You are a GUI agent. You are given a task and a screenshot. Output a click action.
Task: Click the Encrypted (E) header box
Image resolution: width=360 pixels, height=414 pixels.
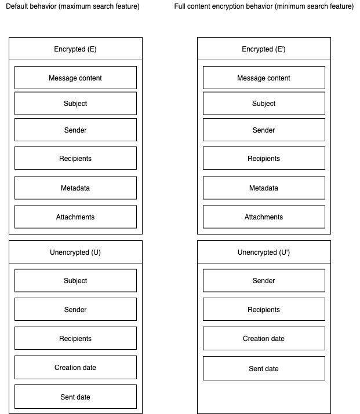[75, 49]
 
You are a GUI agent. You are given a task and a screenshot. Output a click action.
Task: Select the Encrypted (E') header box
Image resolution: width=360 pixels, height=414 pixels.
[264, 49]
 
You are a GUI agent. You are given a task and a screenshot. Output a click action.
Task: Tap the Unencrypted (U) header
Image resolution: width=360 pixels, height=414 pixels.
[75, 252]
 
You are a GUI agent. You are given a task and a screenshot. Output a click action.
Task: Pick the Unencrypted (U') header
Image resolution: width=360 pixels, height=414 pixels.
[264, 252]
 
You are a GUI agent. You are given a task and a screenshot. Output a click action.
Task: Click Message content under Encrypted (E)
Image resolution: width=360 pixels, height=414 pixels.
[75, 78]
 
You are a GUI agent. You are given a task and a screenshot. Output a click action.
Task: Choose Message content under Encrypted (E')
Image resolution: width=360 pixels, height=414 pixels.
[264, 78]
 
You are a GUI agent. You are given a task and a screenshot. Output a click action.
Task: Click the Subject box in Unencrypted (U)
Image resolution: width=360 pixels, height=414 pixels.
[75, 280]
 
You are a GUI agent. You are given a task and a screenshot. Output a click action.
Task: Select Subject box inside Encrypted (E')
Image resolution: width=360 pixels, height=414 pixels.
[264, 103]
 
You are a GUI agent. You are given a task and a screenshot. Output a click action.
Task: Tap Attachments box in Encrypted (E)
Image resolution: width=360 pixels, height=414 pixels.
[75, 217]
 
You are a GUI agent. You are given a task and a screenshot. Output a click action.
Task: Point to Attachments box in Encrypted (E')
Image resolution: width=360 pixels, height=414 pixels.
[264, 217]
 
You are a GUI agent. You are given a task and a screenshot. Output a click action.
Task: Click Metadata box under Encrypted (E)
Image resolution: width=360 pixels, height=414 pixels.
[75, 188]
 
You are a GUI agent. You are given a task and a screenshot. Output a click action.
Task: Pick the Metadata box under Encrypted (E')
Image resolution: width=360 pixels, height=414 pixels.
[264, 188]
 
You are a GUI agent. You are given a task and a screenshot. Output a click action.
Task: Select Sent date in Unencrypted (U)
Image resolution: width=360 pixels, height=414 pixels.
[75, 397]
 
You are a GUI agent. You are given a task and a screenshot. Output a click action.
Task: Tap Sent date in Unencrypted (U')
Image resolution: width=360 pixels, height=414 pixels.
[264, 368]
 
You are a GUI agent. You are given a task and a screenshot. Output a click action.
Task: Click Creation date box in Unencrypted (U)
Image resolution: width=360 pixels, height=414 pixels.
[75, 367]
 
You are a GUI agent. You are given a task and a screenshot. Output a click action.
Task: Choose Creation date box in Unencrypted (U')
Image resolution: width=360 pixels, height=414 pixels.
[264, 339]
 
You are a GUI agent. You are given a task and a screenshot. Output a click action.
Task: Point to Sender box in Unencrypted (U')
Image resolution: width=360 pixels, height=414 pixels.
[264, 280]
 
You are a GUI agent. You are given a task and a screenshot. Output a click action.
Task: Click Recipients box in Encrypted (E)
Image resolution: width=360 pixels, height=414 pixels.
[75, 158]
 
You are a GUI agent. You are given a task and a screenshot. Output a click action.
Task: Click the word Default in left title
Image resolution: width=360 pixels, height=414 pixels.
[17, 6]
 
